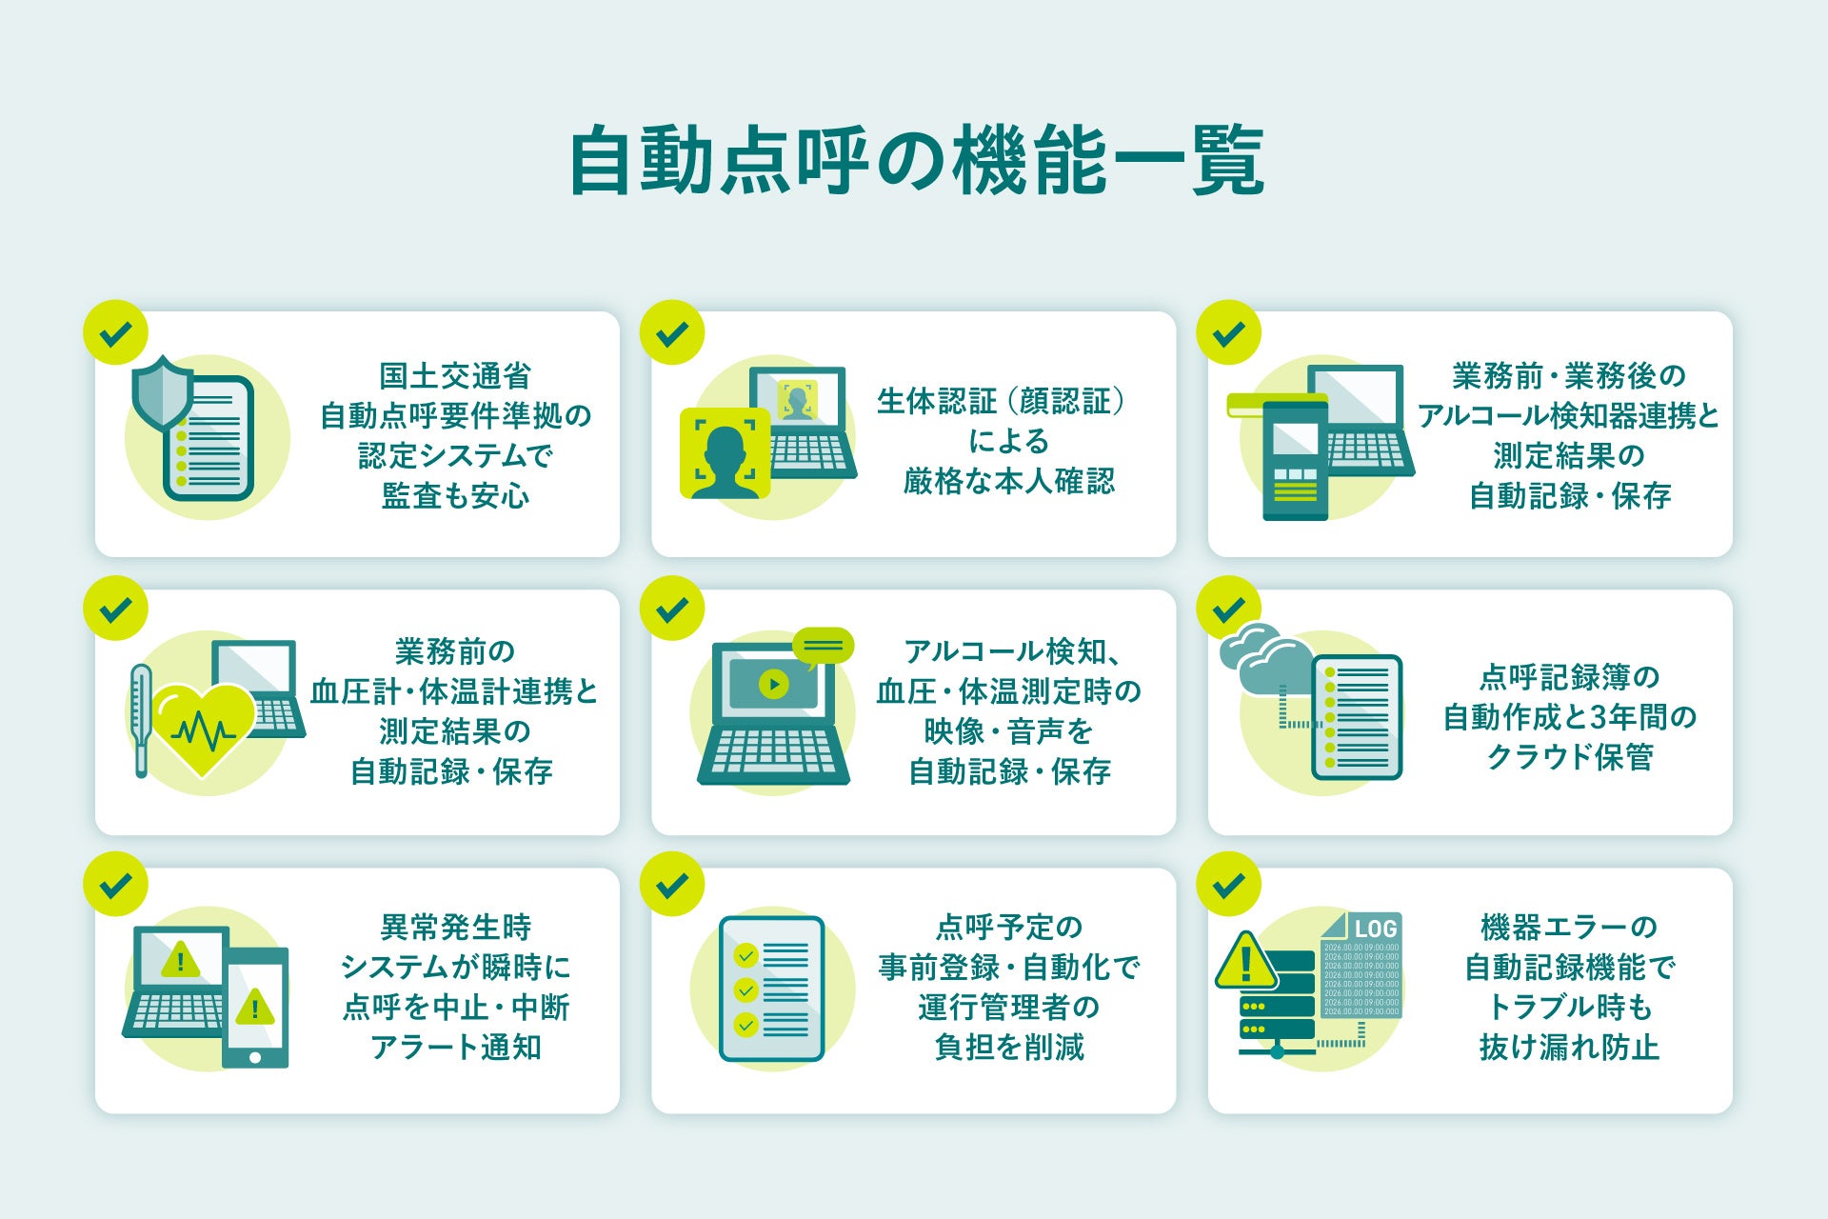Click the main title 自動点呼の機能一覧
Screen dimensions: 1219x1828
tap(916, 161)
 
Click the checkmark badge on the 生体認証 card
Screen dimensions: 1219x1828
tap(672, 333)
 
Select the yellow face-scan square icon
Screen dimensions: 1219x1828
tap(725, 453)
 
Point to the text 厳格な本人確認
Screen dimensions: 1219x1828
tap(1008, 481)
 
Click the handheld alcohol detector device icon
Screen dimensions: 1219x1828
tap(1295, 460)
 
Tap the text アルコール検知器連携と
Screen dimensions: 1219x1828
tap(1568, 416)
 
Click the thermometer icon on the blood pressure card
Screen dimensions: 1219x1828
tap(141, 719)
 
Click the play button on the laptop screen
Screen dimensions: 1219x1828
tap(773, 684)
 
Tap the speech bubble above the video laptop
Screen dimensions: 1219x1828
tap(823, 646)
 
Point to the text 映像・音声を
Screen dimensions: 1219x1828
tap(1008, 731)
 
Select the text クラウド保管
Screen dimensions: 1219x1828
tap(1569, 757)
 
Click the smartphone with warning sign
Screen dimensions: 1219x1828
tap(255, 1008)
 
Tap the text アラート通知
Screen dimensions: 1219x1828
tap(455, 1047)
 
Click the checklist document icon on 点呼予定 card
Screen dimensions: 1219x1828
tap(772, 989)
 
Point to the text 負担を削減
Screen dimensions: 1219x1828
tap(1008, 1047)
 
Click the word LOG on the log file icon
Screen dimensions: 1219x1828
tap(1375, 929)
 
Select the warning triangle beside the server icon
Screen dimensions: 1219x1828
tap(1246, 962)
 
